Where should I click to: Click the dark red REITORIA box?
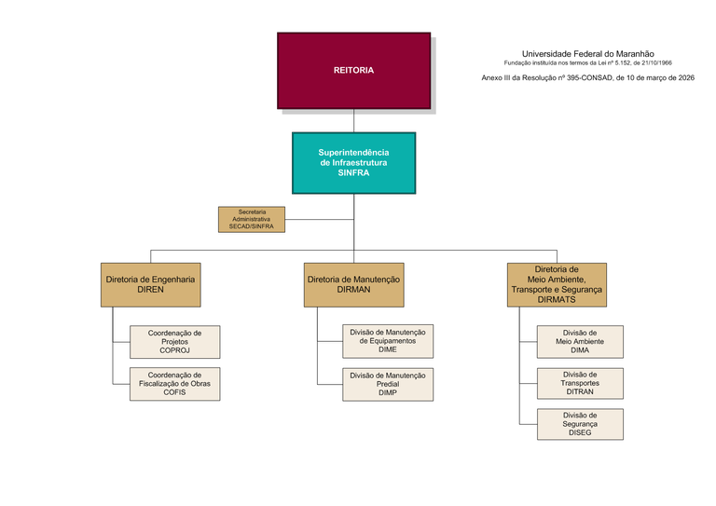tap(354, 71)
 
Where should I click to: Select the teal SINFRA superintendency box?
tap(354, 163)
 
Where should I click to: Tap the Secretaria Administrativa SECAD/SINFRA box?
tap(252, 220)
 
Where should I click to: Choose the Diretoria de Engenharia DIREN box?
tap(151, 285)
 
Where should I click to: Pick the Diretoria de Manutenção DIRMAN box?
tap(354, 285)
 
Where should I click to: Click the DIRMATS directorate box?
tap(558, 285)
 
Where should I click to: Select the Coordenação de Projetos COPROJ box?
tap(175, 342)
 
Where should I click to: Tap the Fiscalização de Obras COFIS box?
tap(175, 384)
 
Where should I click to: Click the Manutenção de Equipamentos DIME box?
tap(388, 341)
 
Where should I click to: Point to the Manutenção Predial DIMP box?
tap(388, 384)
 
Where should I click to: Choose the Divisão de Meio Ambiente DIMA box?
tap(580, 342)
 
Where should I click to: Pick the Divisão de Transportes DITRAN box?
tap(580, 383)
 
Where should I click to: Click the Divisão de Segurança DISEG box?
tap(580, 424)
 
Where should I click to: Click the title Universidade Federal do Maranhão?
tap(588, 54)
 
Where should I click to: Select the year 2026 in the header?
tap(686, 78)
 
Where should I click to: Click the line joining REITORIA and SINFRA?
tap(354, 121)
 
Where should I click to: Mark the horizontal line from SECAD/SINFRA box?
tap(320, 220)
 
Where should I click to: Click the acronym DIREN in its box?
tap(151, 290)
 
